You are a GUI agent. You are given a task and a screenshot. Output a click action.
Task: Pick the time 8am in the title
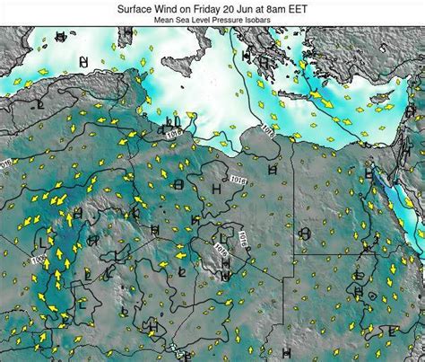pyautogui.click(x=295, y=6)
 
